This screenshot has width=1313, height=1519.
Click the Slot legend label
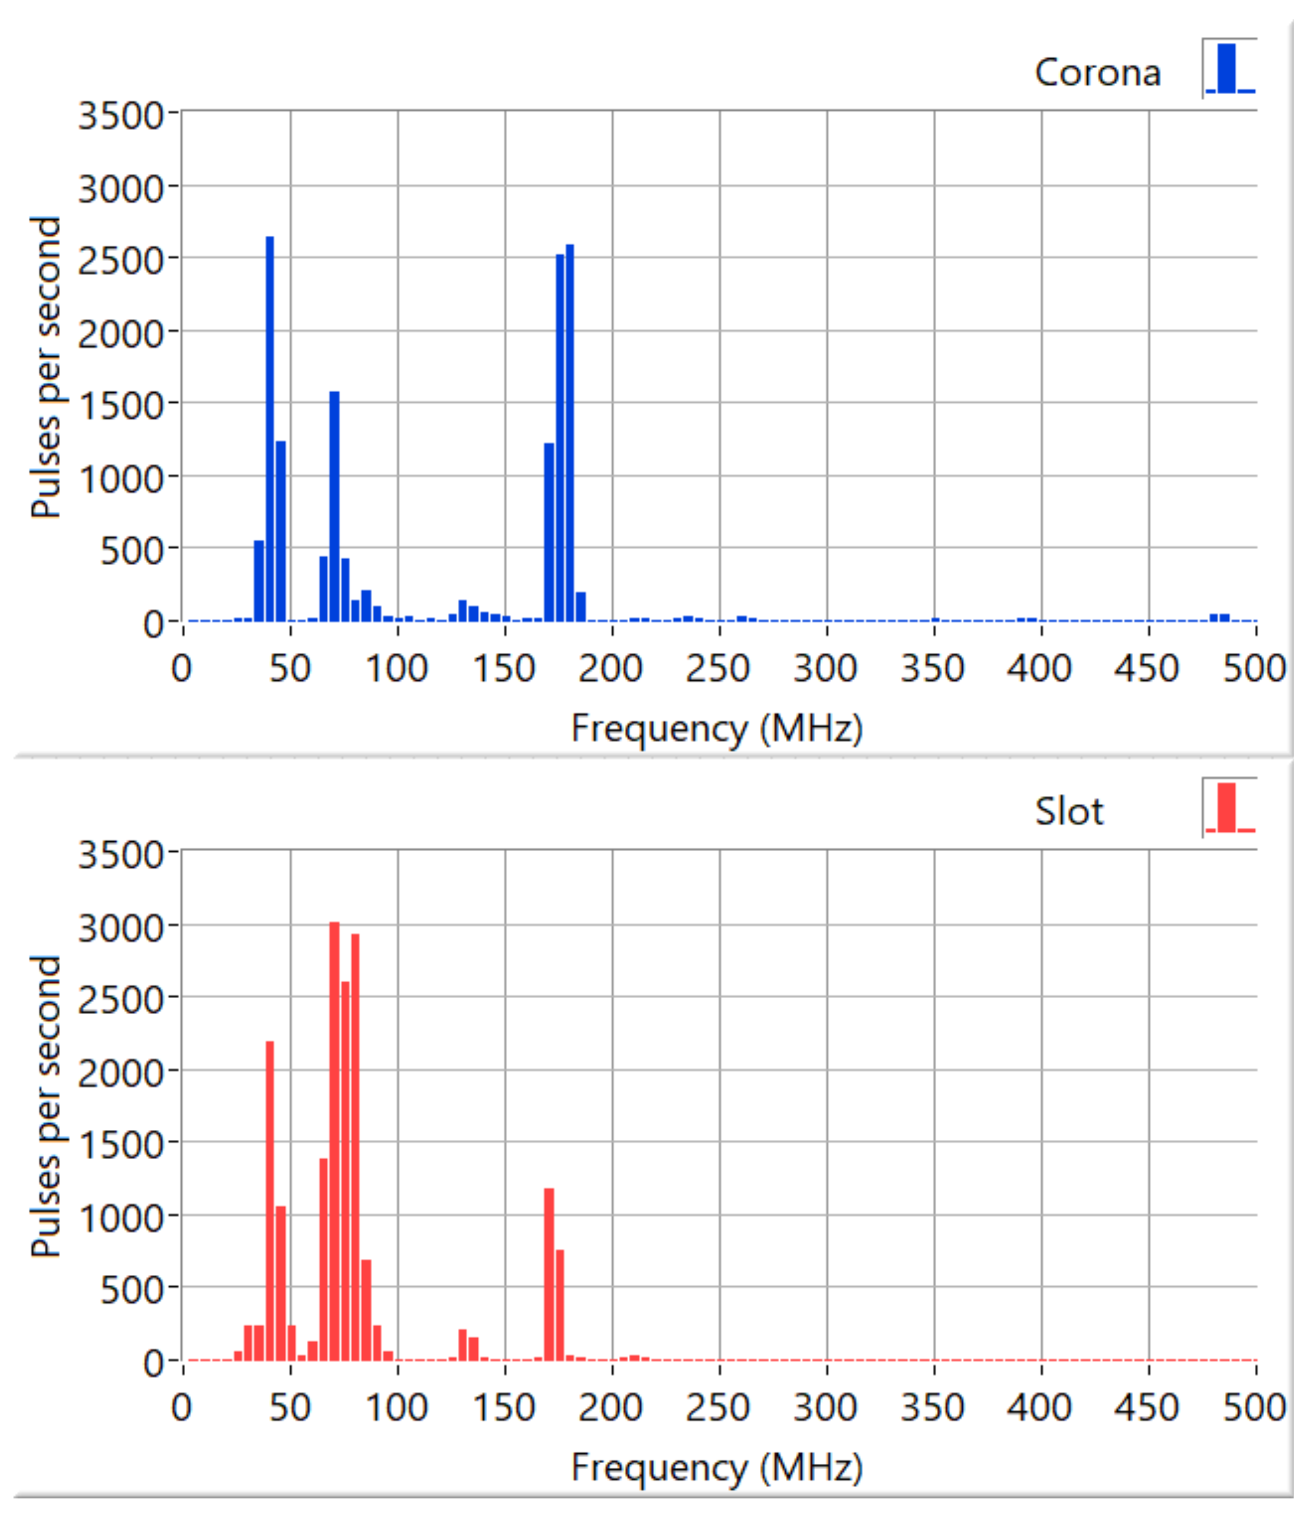1069,812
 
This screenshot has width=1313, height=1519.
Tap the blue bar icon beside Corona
1230,69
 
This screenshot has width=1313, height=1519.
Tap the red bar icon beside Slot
1230,808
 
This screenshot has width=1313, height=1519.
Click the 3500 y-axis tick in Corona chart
120,115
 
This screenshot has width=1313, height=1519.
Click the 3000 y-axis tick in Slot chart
120,928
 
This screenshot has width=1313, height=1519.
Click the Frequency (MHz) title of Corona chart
717,729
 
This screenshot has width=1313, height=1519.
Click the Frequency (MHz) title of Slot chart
717,1468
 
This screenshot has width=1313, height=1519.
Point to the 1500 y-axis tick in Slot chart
120,1145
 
